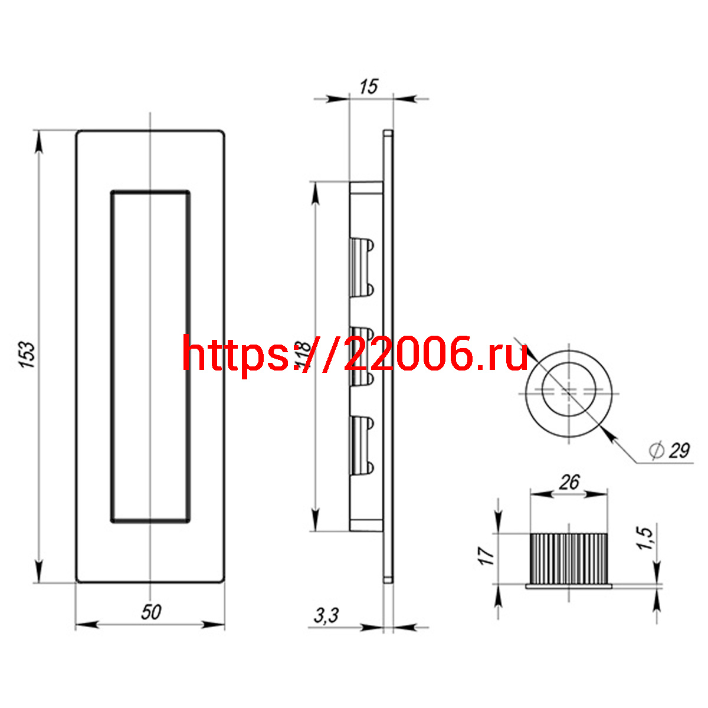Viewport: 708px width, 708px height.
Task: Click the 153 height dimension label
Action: click(x=27, y=355)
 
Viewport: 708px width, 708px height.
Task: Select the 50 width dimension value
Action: click(x=151, y=612)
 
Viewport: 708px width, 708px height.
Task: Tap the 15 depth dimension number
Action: click(x=369, y=87)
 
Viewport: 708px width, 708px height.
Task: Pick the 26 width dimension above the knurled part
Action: click(x=569, y=483)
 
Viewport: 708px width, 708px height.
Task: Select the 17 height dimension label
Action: click(x=486, y=556)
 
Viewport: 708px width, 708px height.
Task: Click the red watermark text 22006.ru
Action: click(x=436, y=353)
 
